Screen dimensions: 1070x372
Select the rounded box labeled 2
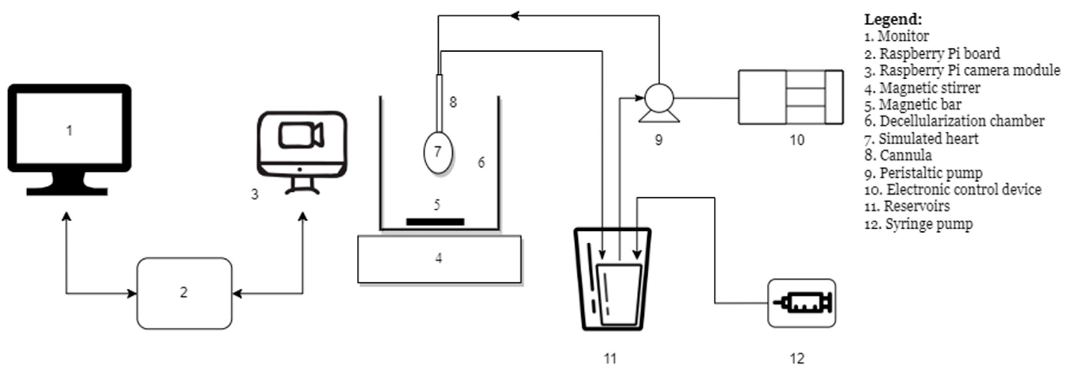184,293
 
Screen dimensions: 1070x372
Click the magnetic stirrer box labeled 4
439,259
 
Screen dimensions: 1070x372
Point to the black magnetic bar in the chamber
435,222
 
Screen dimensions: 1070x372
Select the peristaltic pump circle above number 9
659,98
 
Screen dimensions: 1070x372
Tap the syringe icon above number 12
802,303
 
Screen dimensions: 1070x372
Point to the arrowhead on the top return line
515,16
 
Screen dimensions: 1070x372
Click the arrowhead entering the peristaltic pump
639,98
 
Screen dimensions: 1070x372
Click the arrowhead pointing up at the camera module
303,217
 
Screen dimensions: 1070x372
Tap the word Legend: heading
893,19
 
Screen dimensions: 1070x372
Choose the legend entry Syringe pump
919,224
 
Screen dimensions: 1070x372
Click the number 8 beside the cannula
453,102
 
